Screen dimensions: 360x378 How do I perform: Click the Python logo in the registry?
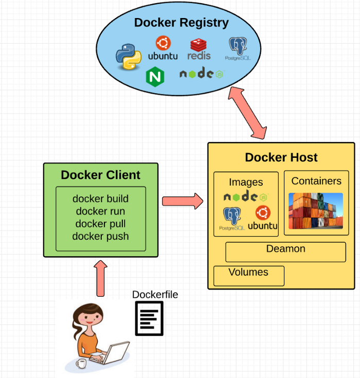[x=129, y=57]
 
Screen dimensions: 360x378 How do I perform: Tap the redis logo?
[x=199, y=49]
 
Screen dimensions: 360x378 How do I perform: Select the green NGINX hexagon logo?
[x=155, y=77]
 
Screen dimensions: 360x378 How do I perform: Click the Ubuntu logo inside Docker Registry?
[x=163, y=48]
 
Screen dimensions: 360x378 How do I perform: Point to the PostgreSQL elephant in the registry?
[x=238, y=48]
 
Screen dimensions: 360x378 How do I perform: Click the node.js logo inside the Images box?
[x=246, y=196]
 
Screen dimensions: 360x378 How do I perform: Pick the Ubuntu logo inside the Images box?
[x=263, y=218]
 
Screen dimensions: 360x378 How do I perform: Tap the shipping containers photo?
[x=316, y=211]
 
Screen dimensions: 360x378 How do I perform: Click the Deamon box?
[x=285, y=252]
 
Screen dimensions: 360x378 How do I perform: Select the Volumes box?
[x=249, y=276]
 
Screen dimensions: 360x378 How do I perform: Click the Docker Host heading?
[x=281, y=157]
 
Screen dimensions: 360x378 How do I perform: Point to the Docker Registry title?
[x=182, y=23]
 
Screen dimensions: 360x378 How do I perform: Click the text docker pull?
[x=100, y=224]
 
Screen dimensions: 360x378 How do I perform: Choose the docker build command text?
[x=100, y=199]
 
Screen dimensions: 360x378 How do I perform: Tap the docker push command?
[x=100, y=237]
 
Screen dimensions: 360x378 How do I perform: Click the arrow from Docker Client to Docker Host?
[x=183, y=201]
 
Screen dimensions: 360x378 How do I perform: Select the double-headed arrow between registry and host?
[x=248, y=113]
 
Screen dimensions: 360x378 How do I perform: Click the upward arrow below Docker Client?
[x=100, y=278]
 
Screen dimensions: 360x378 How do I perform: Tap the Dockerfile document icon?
[x=149, y=318]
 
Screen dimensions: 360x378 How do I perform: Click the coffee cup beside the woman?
[x=81, y=363]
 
